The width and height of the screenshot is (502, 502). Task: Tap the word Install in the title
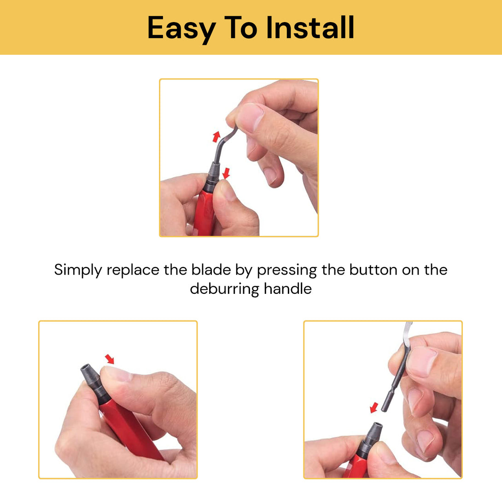(x=310, y=28)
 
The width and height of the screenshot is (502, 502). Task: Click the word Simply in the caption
(x=78, y=270)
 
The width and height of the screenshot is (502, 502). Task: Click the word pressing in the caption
(x=286, y=270)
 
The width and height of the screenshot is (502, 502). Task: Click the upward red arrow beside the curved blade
(x=216, y=136)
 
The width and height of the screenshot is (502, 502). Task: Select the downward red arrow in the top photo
(x=226, y=173)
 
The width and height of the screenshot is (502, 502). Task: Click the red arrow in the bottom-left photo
(x=110, y=358)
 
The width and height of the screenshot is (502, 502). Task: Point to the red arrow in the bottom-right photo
(x=374, y=407)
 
